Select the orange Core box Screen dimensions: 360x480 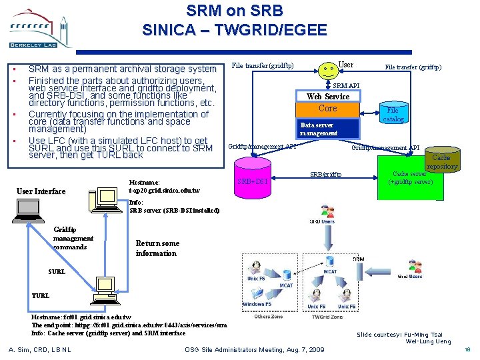coord(328,108)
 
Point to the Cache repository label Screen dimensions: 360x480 coord(442,162)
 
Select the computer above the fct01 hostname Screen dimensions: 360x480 coord(104,289)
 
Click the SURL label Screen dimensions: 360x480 coord(57,271)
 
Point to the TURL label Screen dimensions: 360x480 coord(40,295)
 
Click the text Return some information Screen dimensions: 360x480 coord(157,248)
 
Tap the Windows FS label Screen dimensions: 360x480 coord(257,304)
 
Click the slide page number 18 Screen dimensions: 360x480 coord(467,349)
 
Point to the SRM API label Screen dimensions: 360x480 coord(346,86)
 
